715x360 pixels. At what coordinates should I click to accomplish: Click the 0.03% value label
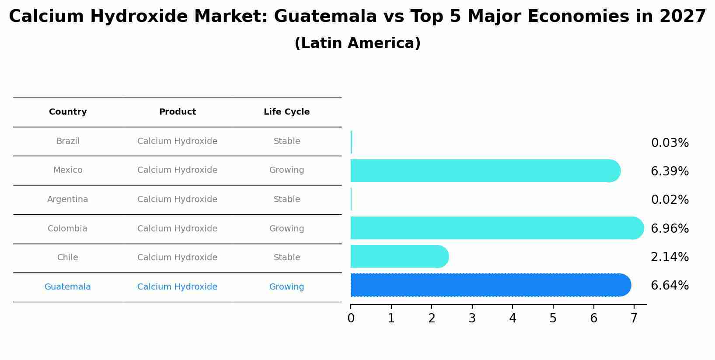[670, 143]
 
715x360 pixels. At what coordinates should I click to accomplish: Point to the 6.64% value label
[670, 286]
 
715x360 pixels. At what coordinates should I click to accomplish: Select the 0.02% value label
[670, 200]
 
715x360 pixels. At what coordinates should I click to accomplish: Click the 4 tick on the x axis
[513, 318]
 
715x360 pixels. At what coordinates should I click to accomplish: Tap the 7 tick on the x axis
[634, 318]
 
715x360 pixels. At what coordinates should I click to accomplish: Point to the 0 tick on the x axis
[351, 318]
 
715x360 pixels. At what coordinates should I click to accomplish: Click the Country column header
[68, 112]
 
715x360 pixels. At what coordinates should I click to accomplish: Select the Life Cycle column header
[286, 112]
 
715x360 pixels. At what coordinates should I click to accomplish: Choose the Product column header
[177, 112]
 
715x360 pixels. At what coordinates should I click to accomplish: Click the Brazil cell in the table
[68, 141]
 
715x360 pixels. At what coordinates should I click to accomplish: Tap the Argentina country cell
[68, 199]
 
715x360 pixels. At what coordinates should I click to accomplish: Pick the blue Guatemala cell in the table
[68, 287]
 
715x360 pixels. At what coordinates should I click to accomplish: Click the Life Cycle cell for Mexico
[286, 170]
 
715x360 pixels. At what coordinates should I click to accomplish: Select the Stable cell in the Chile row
[286, 258]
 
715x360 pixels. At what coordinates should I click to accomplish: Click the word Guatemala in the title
[325, 17]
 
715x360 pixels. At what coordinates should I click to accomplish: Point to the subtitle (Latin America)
[357, 43]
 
